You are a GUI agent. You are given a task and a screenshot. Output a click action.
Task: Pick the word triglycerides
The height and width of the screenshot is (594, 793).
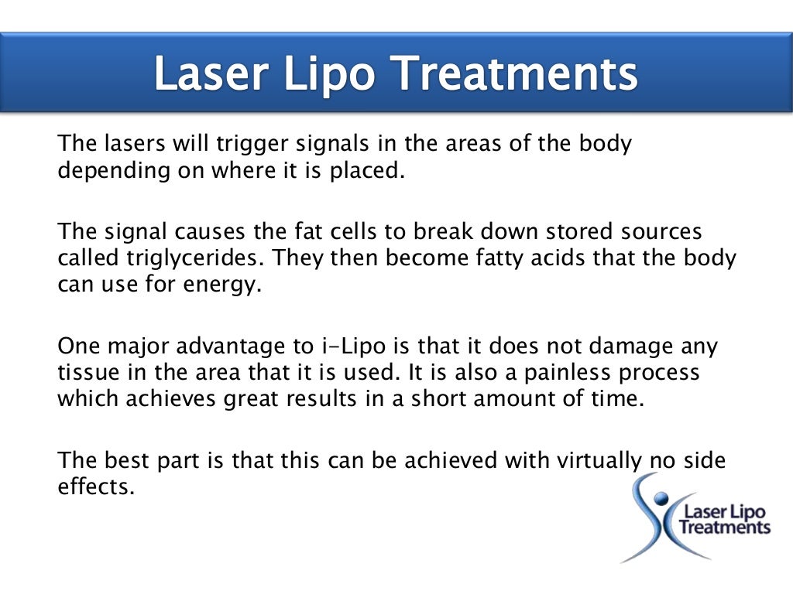[189, 258]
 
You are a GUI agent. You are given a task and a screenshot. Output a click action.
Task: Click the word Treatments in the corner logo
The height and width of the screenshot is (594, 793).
[725, 527]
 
